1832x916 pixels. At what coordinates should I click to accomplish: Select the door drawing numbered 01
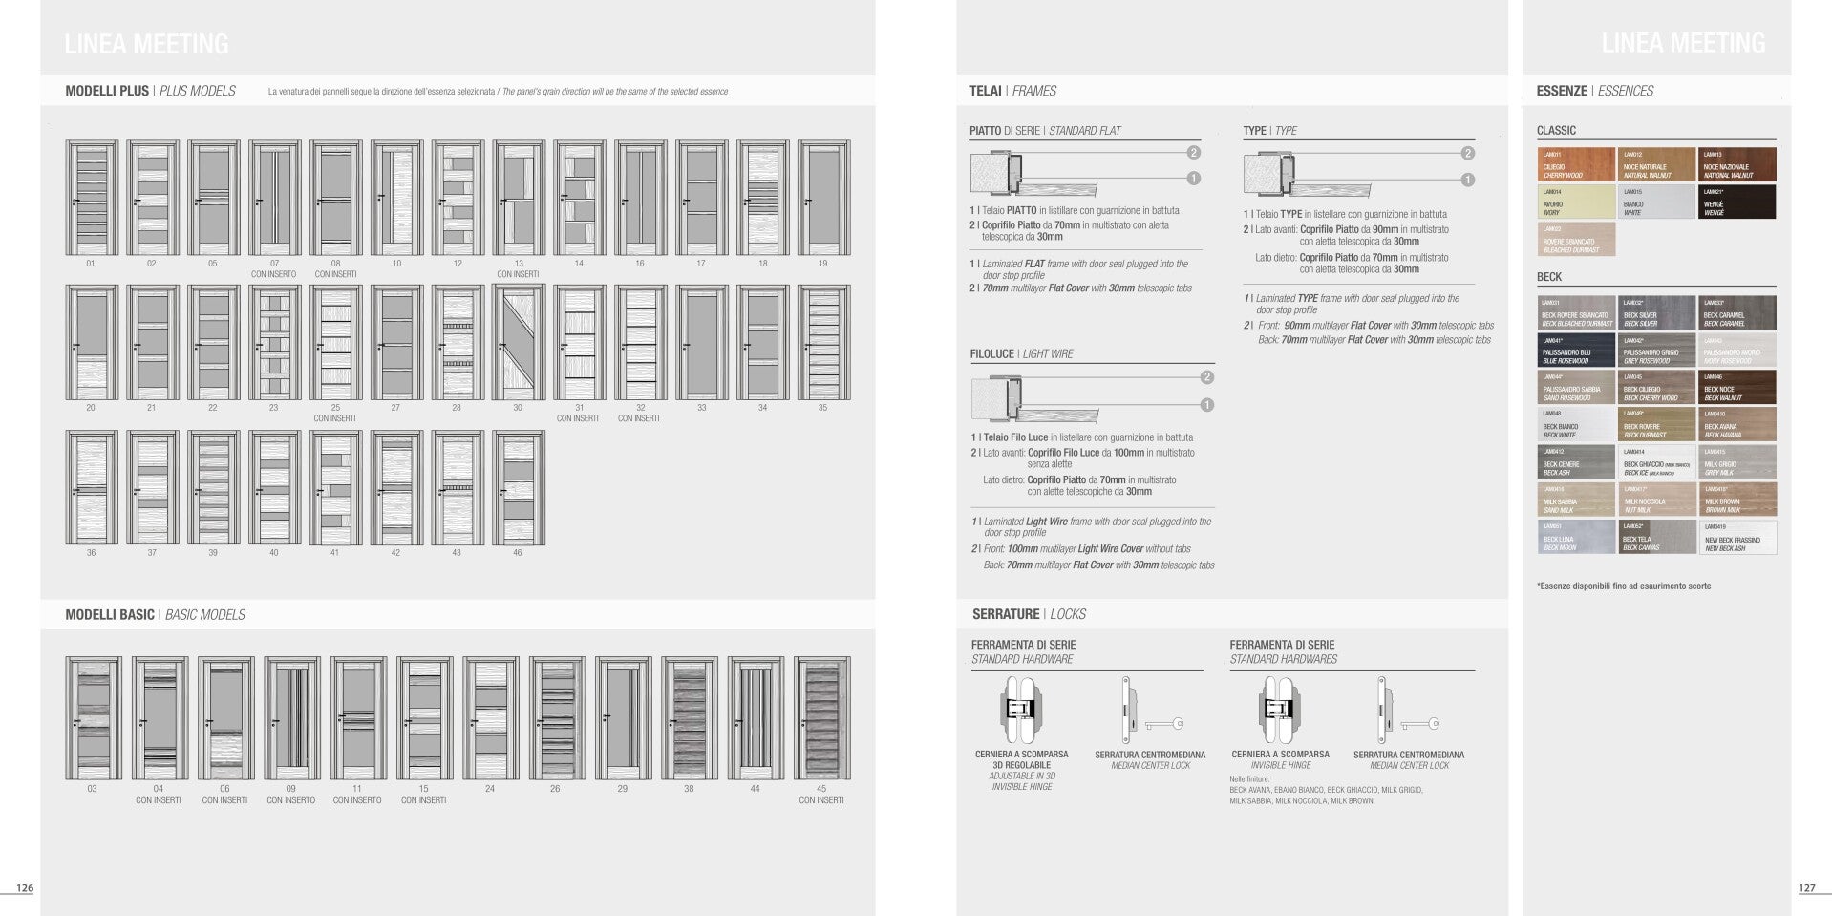pos(92,198)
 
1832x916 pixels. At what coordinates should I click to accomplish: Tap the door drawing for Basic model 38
pos(689,718)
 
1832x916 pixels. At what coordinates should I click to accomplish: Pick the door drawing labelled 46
pos(519,487)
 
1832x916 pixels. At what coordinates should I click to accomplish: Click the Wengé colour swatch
pos(1737,202)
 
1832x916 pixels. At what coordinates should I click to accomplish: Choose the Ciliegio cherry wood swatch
pos(1576,164)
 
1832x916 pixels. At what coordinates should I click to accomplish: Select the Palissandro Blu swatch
pos(1576,351)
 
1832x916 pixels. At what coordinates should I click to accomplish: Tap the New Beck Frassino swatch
pos(1737,538)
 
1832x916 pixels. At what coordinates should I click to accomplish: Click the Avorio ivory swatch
pos(1576,202)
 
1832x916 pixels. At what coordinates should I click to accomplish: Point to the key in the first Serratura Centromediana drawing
pos(1164,725)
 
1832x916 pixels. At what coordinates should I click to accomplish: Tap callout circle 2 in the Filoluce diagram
pos(1206,377)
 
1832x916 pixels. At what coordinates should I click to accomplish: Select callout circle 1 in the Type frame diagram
pos(1467,180)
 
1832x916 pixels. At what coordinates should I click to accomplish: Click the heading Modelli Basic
pos(110,615)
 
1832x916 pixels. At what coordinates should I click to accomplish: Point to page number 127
pos(1806,888)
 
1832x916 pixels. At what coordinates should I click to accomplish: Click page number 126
pos(25,888)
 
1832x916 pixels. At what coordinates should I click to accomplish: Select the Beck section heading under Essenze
pos(1549,277)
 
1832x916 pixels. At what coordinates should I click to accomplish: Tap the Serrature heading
pos(1006,614)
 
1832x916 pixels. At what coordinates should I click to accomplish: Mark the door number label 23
pos(273,408)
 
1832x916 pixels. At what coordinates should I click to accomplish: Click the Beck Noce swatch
pos(1737,388)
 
